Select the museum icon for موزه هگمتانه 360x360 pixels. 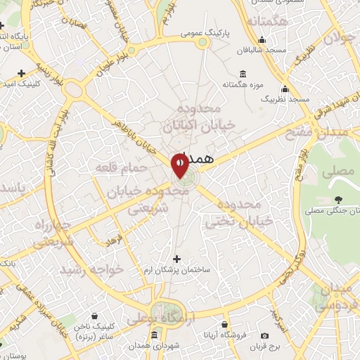tap(243, 75)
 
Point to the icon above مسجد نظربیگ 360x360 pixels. tap(285, 89)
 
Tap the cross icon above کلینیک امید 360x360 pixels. tap(21, 72)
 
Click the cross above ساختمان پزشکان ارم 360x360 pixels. tap(176, 259)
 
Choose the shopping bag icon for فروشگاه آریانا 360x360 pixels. tap(224, 325)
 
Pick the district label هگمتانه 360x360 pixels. tap(267, 21)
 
